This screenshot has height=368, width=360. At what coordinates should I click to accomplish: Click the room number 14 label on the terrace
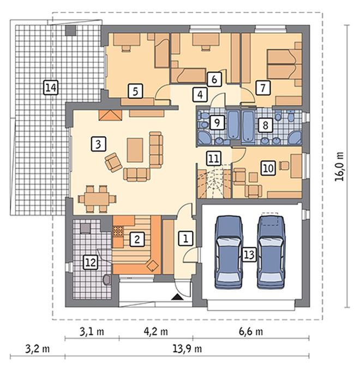pos(51,87)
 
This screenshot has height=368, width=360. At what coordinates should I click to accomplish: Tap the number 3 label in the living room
pos(98,144)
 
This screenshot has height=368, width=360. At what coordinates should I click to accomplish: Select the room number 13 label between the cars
pos(249,254)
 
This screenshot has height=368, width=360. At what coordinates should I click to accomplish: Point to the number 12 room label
pos(91,262)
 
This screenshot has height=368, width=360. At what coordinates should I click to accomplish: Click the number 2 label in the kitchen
pos(137,239)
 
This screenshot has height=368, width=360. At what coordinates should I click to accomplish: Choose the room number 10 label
pos(268,168)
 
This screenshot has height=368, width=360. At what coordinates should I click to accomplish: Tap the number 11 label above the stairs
pos(214,158)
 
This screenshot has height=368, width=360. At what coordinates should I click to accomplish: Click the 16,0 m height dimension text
pos(339,167)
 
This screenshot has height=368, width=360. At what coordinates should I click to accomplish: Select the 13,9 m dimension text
pos(187,349)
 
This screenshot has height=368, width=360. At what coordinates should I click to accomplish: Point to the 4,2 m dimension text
pos(155,331)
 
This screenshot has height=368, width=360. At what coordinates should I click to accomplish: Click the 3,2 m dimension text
pos(38,349)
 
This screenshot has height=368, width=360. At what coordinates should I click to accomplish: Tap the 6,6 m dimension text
pos(251,331)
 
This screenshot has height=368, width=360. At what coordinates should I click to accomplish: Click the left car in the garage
pos(229,252)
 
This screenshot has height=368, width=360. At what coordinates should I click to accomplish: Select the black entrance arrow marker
pos(177,298)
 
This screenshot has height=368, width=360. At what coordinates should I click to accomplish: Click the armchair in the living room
pos(113,162)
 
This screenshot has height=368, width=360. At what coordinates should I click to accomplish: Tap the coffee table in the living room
pos(135,150)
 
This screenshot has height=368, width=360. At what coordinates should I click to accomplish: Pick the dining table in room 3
pos(97,199)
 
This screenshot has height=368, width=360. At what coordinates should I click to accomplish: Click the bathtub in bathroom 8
pos(248,127)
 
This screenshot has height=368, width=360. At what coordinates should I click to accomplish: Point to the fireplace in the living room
pos(110,115)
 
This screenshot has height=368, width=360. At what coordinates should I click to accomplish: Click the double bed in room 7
pos(284,64)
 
